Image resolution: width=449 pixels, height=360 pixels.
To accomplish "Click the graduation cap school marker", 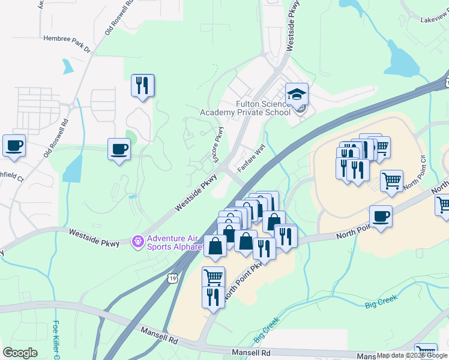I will click(297, 94).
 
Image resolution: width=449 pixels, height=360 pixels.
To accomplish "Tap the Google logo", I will click(20, 353).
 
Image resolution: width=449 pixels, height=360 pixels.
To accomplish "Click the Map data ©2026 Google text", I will click(412, 355).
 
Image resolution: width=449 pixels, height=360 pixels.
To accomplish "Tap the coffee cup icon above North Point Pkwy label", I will click(380, 216).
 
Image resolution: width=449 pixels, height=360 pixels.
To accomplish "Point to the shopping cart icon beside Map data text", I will click(426, 352).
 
